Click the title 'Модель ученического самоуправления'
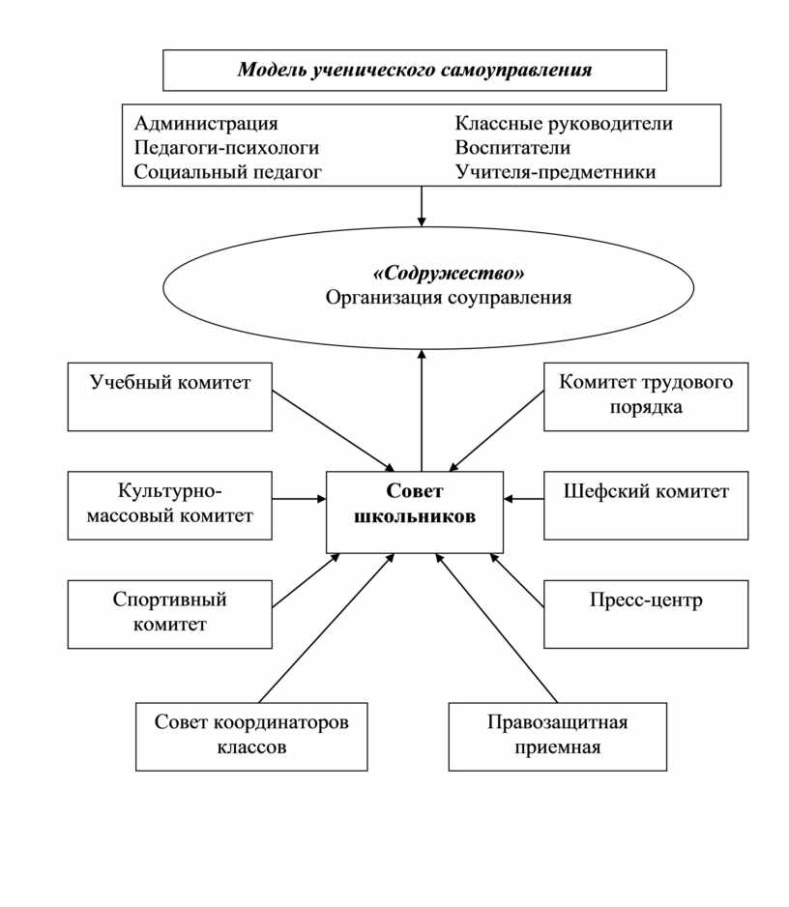tap(415, 70)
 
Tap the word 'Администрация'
tap(206, 123)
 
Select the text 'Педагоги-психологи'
tap(226, 148)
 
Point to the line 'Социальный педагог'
tap(227, 172)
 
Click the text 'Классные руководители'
tap(564, 123)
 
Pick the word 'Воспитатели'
tap(512, 148)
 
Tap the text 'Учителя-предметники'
tap(555, 172)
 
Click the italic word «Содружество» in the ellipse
tap(449, 273)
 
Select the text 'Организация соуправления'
tap(449, 297)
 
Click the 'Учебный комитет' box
tap(169, 396)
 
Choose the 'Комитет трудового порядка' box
tap(646, 396)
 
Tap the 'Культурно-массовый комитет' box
tap(169, 506)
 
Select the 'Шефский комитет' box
tap(646, 506)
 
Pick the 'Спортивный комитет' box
tap(169, 614)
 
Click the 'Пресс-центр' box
tap(646, 614)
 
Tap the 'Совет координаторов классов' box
tap(251, 737)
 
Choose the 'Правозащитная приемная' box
tap(558, 737)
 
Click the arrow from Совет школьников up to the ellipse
tap(422, 410)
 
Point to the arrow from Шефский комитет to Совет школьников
tap(523, 499)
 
